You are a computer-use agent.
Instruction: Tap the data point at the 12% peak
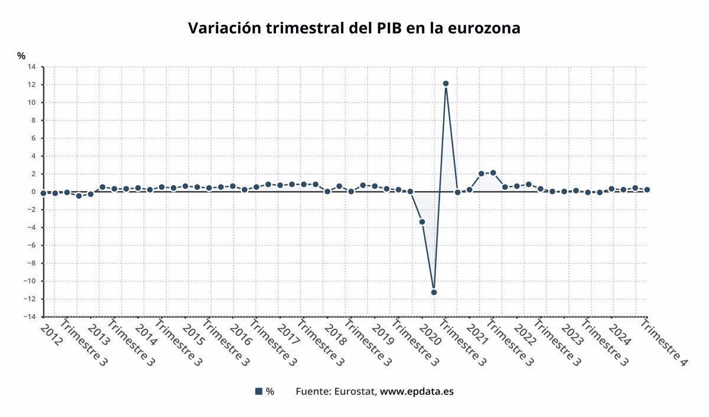click(445, 83)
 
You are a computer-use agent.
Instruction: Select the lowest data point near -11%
click(434, 292)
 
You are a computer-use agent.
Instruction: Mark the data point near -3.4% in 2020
click(422, 222)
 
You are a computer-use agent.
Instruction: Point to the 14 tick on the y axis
click(31, 67)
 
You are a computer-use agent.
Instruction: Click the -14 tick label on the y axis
click(29, 316)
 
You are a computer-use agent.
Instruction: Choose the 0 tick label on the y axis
click(33, 192)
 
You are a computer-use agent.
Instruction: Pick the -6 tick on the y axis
click(31, 245)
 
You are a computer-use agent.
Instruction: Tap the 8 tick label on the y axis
click(33, 120)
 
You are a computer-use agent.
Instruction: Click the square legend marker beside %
click(258, 392)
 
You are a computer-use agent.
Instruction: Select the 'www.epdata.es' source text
click(417, 392)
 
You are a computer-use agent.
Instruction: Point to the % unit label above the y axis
click(21, 56)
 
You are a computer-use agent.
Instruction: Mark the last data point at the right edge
click(647, 190)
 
